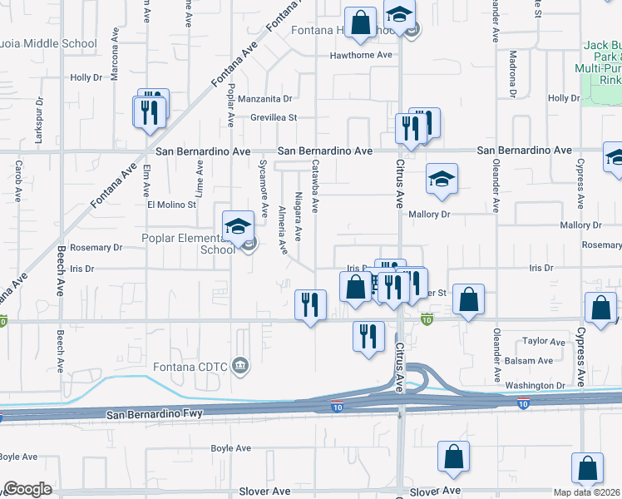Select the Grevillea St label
pos(274,118)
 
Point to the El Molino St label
pos(171,204)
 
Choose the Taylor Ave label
pos(543,341)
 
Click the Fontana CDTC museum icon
pos(241,364)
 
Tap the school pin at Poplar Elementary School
pos(238,225)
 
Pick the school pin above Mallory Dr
pos(442,178)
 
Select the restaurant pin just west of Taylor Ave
pos(368,336)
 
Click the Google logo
pos(27,489)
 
